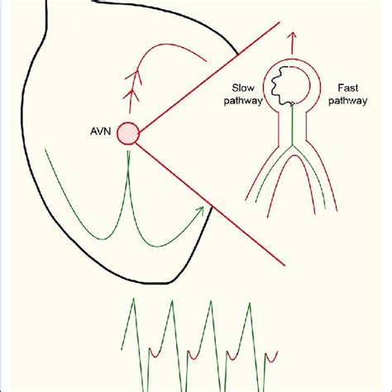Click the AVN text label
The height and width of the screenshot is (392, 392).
coord(100,131)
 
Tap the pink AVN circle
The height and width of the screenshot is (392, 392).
coord(128,133)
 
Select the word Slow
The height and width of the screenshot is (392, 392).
coord(243,88)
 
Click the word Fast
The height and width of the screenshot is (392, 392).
coord(348,88)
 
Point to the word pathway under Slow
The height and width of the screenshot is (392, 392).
coord(243,101)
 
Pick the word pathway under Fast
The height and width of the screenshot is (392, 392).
coord(348,101)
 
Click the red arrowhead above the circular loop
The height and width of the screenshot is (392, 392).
coord(293,36)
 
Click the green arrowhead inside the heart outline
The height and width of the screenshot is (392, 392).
coord(200,211)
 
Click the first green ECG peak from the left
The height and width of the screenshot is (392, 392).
coord(133,299)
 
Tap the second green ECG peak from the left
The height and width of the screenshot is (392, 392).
coord(172,301)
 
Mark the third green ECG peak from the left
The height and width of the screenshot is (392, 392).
coord(211,301)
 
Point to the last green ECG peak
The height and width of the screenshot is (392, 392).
coord(250,304)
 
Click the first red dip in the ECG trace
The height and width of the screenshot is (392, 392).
coord(155,355)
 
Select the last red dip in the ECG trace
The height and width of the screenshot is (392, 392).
coord(271,359)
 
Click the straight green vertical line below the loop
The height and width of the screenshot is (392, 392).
coord(292,125)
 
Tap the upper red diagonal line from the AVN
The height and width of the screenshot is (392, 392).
coord(209,78)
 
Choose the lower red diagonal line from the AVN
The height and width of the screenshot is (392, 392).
coord(210,204)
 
